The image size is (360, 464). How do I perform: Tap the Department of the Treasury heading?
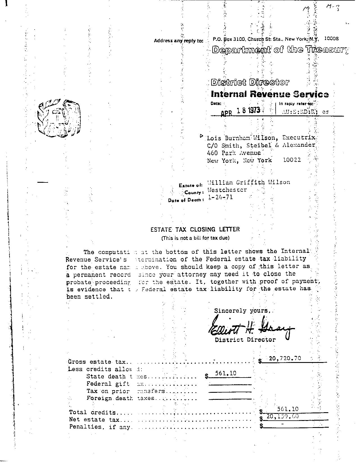tap(280, 50)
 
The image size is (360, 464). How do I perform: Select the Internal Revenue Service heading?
tap(269, 94)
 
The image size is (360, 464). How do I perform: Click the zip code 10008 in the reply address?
tap(331, 39)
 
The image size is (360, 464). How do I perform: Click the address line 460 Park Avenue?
tap(234, 153)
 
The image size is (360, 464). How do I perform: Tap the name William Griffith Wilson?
tap(249, 182)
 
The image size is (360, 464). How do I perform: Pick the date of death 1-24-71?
tap(220, 197)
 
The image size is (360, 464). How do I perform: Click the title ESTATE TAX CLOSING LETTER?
tap(195, 229)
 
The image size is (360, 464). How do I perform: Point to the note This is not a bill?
tap(195, 238)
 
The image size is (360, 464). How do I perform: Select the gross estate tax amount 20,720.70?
tap(285, 358)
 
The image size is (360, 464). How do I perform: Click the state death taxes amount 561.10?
tap(226, 373)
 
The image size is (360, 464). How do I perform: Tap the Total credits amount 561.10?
tap(288, 409)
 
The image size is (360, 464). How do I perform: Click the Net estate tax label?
tap(94, 420)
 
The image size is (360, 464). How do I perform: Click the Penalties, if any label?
tap(100, 427)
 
